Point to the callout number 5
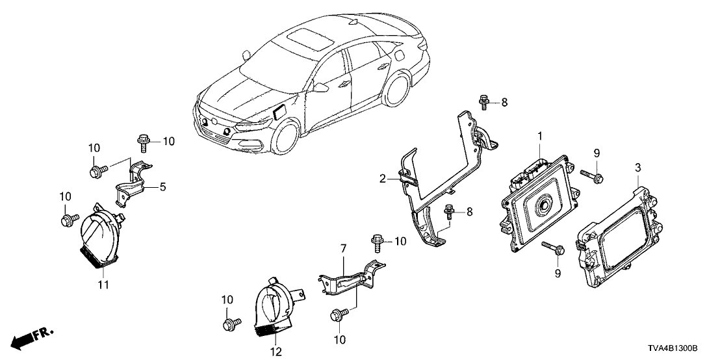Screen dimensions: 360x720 click(162, 187)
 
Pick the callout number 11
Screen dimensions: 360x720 click(103, 285)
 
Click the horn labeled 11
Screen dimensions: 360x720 click(99, 240)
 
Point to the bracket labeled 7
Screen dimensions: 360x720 click(351, 276)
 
